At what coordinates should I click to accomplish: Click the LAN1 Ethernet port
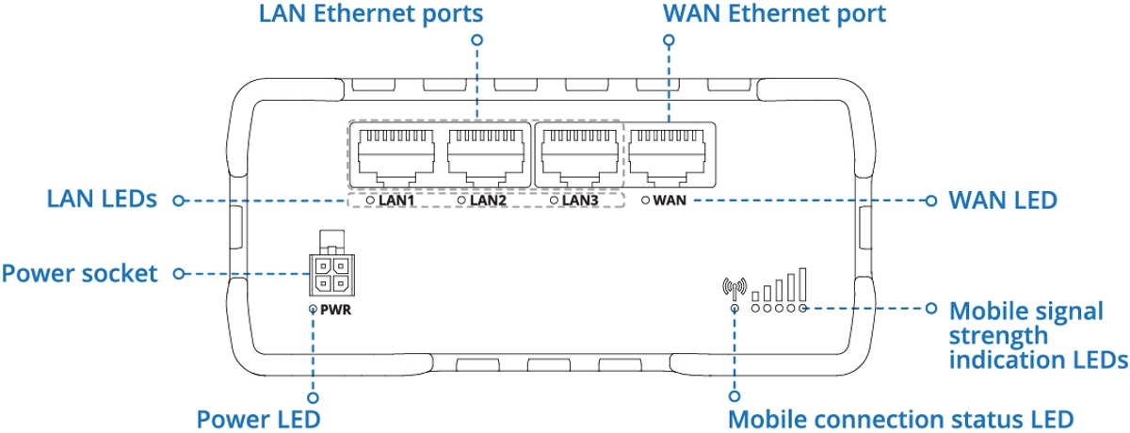click(396, 156)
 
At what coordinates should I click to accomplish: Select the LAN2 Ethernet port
click(486, 156)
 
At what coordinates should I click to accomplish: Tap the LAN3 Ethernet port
click(580, 156)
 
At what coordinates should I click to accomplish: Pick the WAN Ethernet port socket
click(667, 156)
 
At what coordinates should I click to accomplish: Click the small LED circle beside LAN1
click(370, 200)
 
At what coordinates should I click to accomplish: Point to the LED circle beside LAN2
click(461, 200)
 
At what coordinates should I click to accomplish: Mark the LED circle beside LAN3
click(554, 200)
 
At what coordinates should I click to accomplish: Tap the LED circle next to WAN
click(645, 200)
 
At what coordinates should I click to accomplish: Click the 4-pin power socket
click(331, 275)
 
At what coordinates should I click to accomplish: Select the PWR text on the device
click(336, 310)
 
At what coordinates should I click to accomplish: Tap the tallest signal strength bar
click(802, 284)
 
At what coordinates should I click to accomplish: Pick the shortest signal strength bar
click(755, 297)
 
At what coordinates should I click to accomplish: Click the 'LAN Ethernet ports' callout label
click(371, 13)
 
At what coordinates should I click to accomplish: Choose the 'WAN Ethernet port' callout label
click(774, 13)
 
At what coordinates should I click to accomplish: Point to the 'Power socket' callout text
click(80, 274)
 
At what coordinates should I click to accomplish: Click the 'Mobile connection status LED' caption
click(901, 420)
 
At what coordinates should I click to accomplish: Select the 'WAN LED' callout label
click(1003, 200)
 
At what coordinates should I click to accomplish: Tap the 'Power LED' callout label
click(258, 420)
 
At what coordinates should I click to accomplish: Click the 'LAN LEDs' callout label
click(102, 200)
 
